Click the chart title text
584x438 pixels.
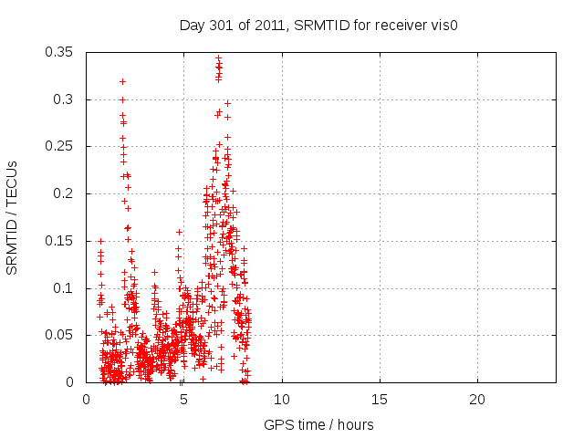pos(318,25)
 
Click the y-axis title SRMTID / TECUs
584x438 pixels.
pos(13,217)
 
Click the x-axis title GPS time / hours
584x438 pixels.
pos(318,424)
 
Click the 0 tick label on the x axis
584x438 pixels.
pos(87,400)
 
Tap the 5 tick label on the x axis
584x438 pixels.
pos(184,400)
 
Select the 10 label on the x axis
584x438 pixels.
pos(282,400)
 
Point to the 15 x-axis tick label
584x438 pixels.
pos(380,400)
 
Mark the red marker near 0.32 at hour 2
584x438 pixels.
pos(122,81)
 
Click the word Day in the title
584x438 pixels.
pos(192,25)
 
